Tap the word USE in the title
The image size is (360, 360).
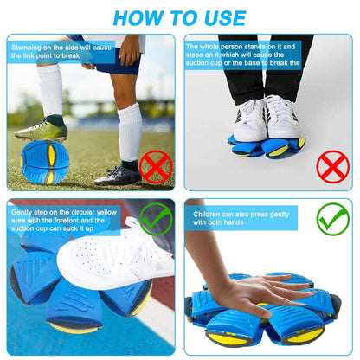point(222,16)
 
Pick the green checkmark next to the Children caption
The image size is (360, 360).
point(332,219)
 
